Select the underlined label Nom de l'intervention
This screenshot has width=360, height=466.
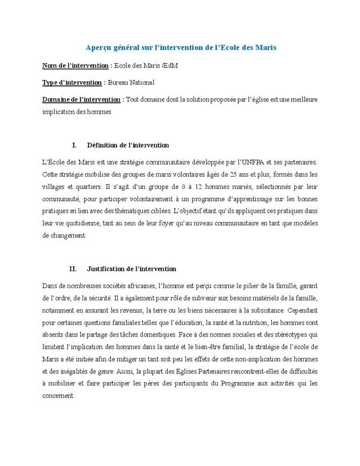75,65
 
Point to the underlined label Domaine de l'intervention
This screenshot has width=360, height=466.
81,100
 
